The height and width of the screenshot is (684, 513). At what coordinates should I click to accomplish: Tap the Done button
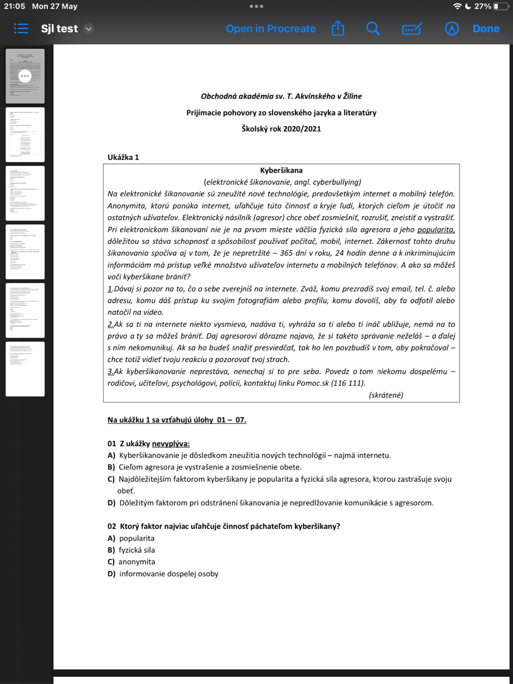tap(486, 29)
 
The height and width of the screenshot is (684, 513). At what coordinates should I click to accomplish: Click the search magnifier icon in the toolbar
tap(373, 29)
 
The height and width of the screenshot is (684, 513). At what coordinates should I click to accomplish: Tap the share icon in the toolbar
tap(338, 29)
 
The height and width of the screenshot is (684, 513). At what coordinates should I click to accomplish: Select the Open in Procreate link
tap(271, 29)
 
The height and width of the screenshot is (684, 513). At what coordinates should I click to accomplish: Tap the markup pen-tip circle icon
tap(451, 29)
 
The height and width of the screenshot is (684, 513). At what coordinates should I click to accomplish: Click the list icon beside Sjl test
tap(21, 29)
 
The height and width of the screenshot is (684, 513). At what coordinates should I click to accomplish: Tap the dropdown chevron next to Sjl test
tap(88, 29)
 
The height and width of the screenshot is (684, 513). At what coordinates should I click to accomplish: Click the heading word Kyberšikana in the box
tap(281, 170)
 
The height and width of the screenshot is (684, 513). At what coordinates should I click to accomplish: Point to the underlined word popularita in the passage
tap(436, 230)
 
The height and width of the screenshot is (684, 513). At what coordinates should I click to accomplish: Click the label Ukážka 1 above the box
tap(123, 157)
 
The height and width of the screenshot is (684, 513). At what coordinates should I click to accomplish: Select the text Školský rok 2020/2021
tap(281, 129)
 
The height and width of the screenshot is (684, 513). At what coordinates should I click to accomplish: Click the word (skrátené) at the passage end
tap(386, 395)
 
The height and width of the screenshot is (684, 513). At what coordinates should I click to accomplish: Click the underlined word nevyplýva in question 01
tap(171, 444)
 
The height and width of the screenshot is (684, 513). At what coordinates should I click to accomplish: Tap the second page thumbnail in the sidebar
tap(25, 134)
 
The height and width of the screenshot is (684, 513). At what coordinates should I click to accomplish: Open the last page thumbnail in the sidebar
tap(25, 369)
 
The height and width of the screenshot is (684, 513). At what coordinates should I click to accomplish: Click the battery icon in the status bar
tap(501, 6)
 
